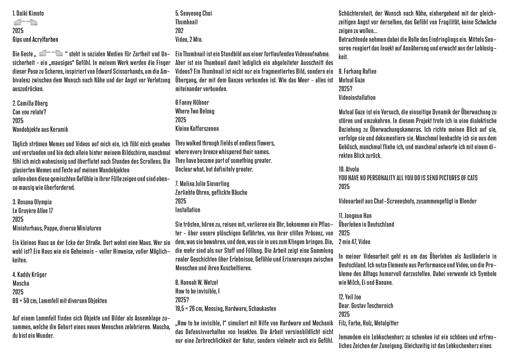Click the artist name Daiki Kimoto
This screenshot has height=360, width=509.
pyautogui.click(x=30, y=13)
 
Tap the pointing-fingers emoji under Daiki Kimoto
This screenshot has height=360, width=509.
pyautogui.click(x=26, y=22)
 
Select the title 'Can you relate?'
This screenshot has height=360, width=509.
pyautogui.click(x=29, y=112)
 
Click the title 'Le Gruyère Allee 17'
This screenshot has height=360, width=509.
pyautogui.click(x=33, y=211)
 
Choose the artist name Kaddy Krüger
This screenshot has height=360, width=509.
pyautogui.click(x=32, y=275)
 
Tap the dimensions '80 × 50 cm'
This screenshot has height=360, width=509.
pyautogui.click(x=25, y=301)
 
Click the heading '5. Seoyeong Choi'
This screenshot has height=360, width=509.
pyautogui.click(x=194, y=13)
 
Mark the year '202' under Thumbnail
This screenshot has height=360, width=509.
pyautogui.click(x=179, y=31)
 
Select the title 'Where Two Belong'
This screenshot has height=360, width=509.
pyautogui.click(x=195, y=111)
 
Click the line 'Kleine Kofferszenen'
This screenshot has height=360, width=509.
pyautogui.click(x=197, y=129)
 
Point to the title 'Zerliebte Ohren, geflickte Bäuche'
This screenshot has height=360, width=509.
pyautogui.click(x=211, y=192)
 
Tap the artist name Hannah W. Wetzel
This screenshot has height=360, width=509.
pyautogui.click(x=199, y=282)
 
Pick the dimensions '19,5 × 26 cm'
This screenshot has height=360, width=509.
pyautogui.click(x=189, y=309)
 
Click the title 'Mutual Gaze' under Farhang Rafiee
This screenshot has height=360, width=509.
pyautogui.click(x=352, y=80)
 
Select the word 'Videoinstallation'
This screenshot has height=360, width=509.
pyautogui.click(x=357, y=98)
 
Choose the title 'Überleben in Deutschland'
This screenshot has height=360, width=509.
pyautogui.click(x=366, y=224)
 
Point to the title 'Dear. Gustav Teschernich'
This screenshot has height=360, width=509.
pyautogui.click(x=366, y=306)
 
